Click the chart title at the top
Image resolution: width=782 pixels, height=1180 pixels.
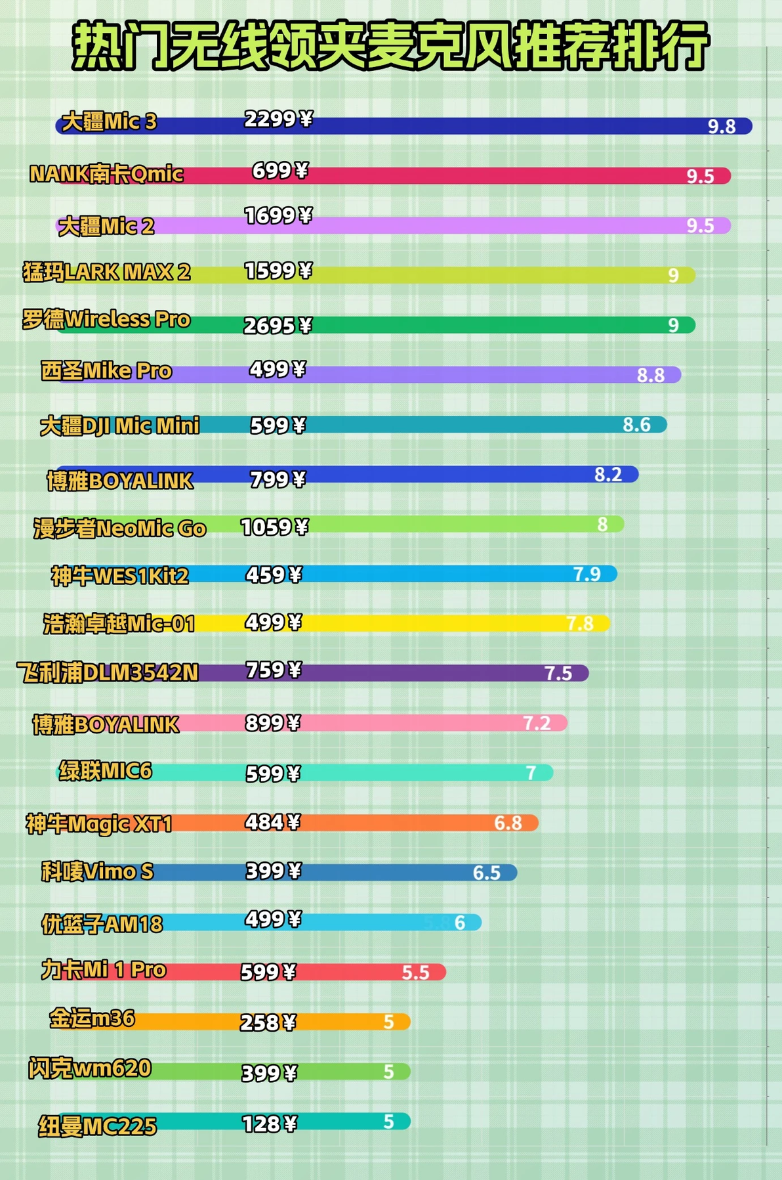(x=390, y=45)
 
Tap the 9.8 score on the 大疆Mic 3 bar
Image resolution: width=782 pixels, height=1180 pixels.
(x=721, y=126)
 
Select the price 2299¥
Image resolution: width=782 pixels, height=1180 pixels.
(x=278, y=119)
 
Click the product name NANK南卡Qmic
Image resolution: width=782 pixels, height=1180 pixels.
(x=106, y=174)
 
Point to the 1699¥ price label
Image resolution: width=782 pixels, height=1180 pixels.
(x=278, y=215)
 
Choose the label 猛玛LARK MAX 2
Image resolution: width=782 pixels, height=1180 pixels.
(x=106, y=271)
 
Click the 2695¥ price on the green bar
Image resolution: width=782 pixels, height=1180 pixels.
(x=278, y=325)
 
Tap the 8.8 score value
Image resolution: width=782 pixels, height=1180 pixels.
(x=651, y=375)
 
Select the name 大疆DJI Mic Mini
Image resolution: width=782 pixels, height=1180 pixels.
(x=119, y=426)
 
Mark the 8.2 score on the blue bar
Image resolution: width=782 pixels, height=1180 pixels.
(x=608, y=474)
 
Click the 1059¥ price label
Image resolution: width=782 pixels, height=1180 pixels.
(x=274, y=527)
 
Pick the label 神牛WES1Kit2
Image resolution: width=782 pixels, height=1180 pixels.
(x=120, y=576)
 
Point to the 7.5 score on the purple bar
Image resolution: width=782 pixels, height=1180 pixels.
(x=558, y=673)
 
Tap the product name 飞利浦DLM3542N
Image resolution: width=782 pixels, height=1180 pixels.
(x=108, y=672)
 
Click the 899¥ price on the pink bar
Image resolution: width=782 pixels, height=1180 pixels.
(x=272, y=723)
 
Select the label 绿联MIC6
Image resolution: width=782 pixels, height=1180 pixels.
(x=106, y=770)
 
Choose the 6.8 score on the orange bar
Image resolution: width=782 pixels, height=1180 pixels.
(x=508, y=823)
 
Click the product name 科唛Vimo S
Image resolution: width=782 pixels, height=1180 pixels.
(x=97, y=871)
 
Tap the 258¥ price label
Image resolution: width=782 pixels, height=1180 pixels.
(x=268, y=1022)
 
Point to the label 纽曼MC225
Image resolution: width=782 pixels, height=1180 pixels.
(x=97, y=1126)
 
